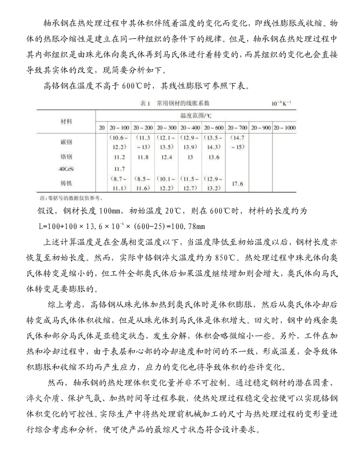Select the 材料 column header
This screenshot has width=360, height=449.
point(67,120)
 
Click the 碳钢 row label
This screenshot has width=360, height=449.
point(67,142)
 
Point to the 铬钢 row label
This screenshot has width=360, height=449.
point(67,157)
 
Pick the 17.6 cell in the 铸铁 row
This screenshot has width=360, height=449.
point(237,184)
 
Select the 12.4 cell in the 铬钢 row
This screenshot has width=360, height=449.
point(166,157)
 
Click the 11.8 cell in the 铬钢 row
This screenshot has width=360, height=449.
point(143,157)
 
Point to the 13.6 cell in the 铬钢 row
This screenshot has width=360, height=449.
point(214,157)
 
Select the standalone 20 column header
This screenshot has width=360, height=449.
point(102,128)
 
